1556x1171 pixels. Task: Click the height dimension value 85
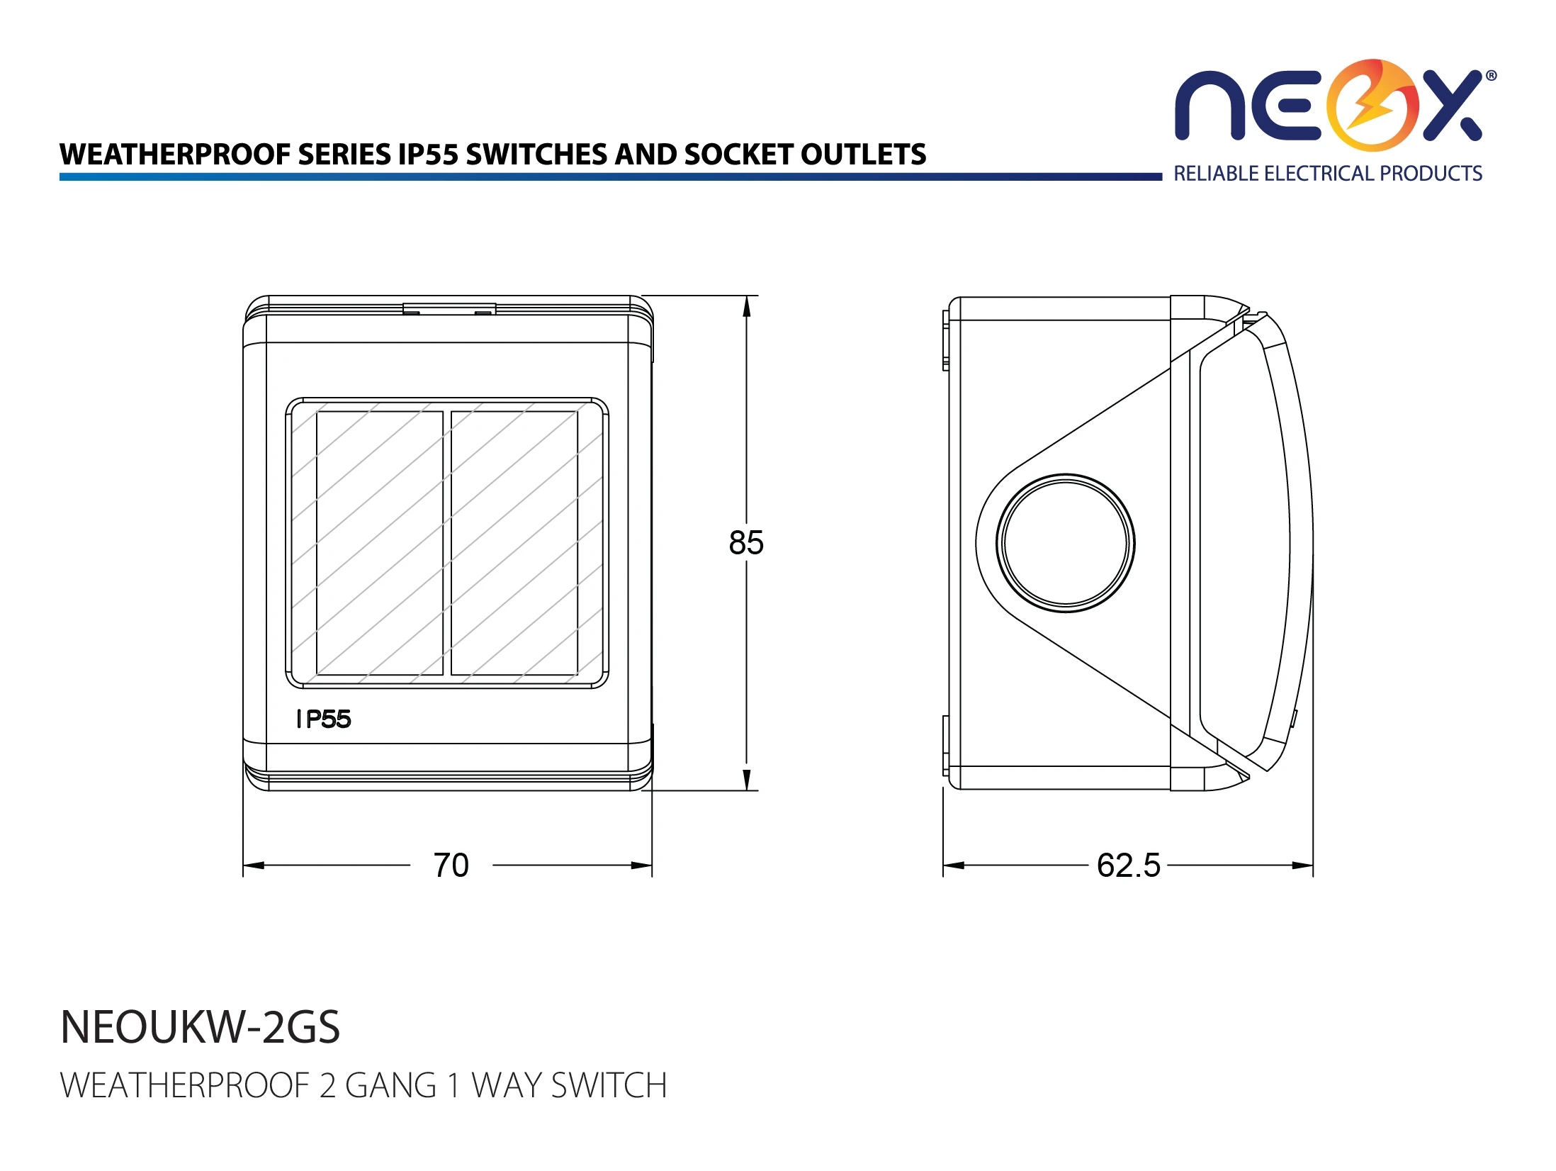[746, 543]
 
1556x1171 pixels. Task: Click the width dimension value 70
[451, 865]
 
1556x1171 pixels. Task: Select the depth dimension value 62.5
[1129, 865]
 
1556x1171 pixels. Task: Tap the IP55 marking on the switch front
[324, 719]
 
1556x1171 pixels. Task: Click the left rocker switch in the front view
[379, 543]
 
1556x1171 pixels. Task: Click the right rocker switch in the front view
[514, 543]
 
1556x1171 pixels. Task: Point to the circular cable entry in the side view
[1066, 543]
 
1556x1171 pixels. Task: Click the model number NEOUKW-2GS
[201, 1027]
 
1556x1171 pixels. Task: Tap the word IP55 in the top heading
[428, 155]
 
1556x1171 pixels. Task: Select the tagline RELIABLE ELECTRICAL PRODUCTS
[1328, 174]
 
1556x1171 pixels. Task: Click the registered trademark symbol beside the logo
[1491, 76]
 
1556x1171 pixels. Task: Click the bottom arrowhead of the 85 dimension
[746, 780]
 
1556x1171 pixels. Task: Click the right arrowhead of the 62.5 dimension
[1302, 865]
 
